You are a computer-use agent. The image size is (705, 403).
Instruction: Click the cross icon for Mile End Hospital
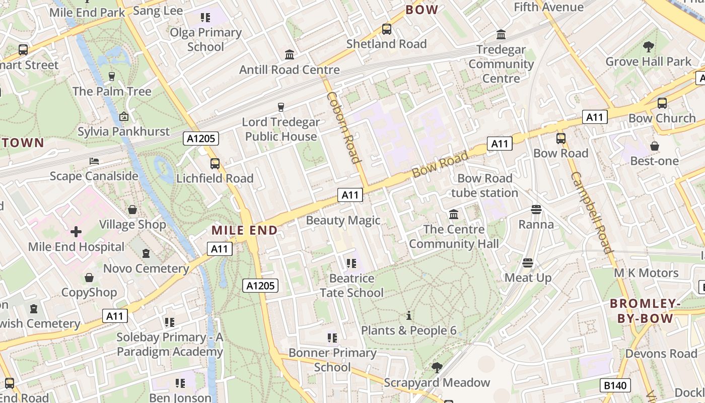click(x=76, y=232)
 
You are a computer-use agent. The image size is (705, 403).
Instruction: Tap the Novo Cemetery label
click(x=146, y=268)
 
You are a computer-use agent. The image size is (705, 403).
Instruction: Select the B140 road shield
click(x=615, y=386)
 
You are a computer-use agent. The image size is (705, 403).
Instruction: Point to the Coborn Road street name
click(x=344, y=127)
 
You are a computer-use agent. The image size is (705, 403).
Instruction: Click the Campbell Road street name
click(x=591, y=212)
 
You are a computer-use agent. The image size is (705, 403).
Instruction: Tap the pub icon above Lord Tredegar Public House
click(x=281, y=107)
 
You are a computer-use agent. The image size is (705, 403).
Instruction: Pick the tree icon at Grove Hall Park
click(x=648, y=47)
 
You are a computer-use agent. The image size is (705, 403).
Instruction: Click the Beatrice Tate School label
click(x=351, y=285)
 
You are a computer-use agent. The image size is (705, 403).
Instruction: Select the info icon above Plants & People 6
click(x=409, y=316)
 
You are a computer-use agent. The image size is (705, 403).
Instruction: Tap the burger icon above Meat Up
click(x=528, y=262)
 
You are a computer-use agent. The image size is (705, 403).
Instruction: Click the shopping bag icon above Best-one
click(x=654, y=146)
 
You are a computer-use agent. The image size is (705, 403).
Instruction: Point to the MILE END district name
click(x=245, y=231)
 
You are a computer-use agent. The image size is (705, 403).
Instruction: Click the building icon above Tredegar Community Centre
click(x=501, y=35)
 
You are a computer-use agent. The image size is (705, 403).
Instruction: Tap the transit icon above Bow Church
click(x=662, y=103)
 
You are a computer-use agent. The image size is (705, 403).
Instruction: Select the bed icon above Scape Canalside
click(x=94, y=161)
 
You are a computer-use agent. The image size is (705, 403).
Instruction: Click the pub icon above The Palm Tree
click(x=112, y=77)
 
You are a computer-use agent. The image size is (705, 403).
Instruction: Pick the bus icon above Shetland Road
click(x=387, y=29)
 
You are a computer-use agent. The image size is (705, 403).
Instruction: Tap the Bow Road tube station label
click(x=484, y=185)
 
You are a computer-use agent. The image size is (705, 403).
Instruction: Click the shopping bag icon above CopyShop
click(x=89, y=278)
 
